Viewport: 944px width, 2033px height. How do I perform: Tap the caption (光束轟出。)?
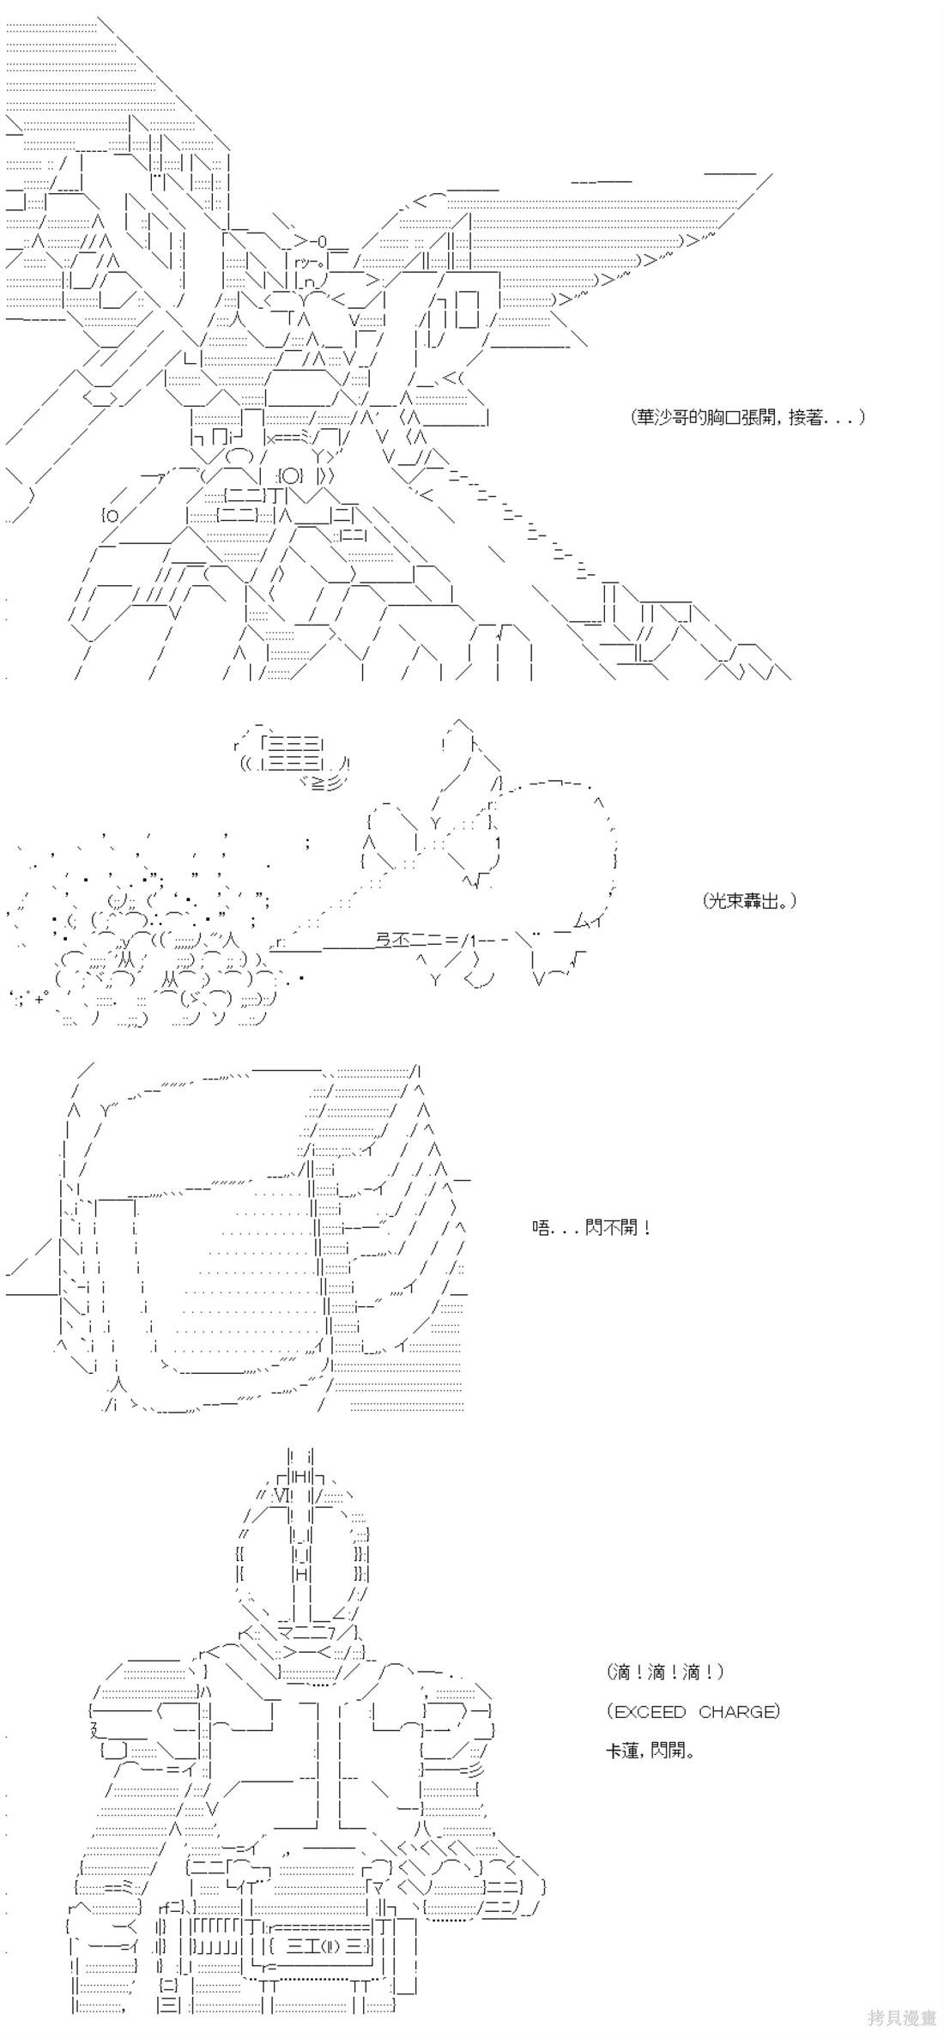coord(747,901)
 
